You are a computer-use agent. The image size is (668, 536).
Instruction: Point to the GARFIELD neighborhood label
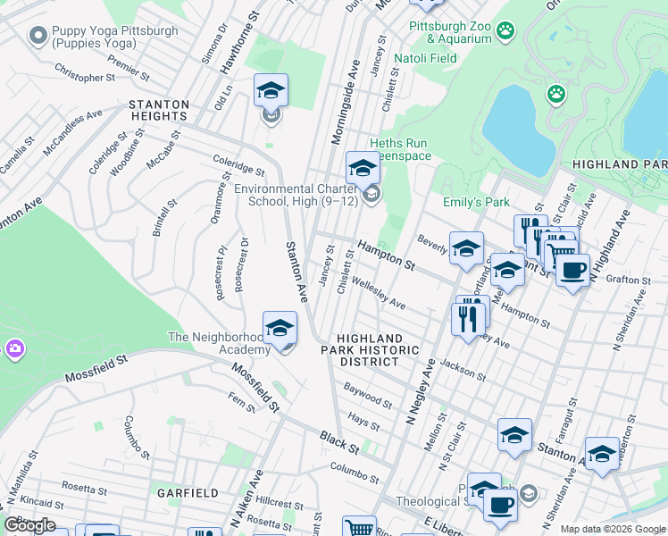pos(188,493)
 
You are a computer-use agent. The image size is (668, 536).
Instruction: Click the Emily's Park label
pos(476,203)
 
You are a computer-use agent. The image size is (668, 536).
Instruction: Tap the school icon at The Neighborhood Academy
pos(280,329)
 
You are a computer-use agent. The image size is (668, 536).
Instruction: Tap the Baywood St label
pos(368,398)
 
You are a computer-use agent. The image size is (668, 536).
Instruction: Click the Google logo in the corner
pos(30,525)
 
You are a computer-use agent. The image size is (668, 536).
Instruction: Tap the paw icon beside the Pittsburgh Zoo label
pos(506,30)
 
